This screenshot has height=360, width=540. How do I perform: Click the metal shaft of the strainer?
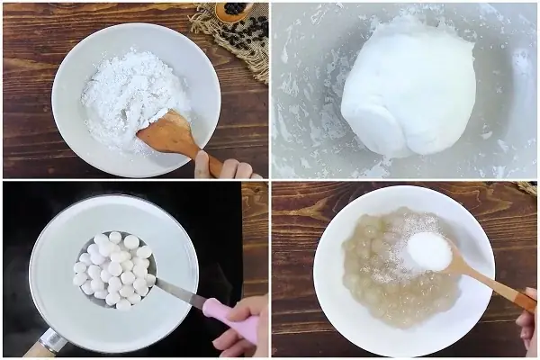180,292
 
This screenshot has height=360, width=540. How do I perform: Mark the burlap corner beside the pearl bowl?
526,188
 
